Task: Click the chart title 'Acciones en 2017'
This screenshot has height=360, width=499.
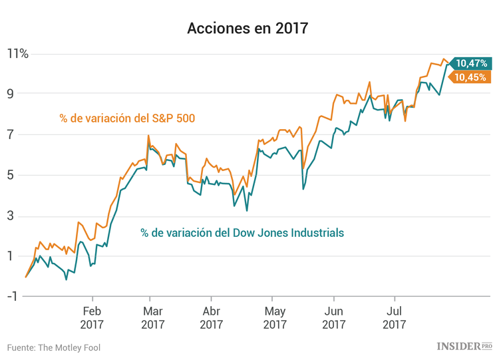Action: (x=248, y=29)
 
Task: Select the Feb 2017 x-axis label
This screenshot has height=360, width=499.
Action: (x=92, y=317)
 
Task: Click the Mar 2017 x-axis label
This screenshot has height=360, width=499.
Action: (x=152, y=317)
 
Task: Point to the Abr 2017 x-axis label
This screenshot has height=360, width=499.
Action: (x=211, y=317)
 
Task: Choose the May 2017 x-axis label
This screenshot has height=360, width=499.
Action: (x=274, y=317)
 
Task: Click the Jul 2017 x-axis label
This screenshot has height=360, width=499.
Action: (x=394, y=317)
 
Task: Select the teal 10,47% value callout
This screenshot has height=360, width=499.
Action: (x=472, y=63)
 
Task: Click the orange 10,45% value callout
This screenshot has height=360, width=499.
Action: (x=472, y=77)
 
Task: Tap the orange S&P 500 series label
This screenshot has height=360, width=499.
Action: (x=131, y=118)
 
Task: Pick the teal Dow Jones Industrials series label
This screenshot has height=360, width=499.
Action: (x=242, y=233)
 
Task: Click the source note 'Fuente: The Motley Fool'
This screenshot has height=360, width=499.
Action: (x=54, y=347)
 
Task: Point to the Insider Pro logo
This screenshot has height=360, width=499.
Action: (x=464, y=346)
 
